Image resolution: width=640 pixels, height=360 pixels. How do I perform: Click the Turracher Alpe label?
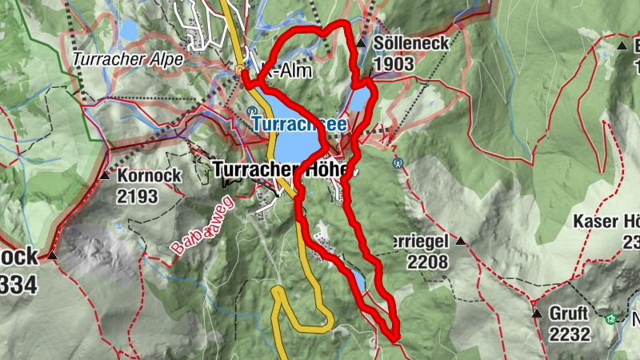(127, 58)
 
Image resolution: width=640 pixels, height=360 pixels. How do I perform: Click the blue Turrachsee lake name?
(300, 124)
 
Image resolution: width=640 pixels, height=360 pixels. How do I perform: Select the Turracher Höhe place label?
(284, 170)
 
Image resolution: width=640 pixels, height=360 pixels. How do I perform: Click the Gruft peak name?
(570, 313)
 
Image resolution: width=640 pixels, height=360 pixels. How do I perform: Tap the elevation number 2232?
(570, 334)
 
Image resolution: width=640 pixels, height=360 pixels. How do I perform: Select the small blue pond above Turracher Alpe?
(128, 30)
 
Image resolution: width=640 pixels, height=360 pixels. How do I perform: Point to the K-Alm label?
(287, 70)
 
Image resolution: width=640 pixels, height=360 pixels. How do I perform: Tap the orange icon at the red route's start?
(242, 70)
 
